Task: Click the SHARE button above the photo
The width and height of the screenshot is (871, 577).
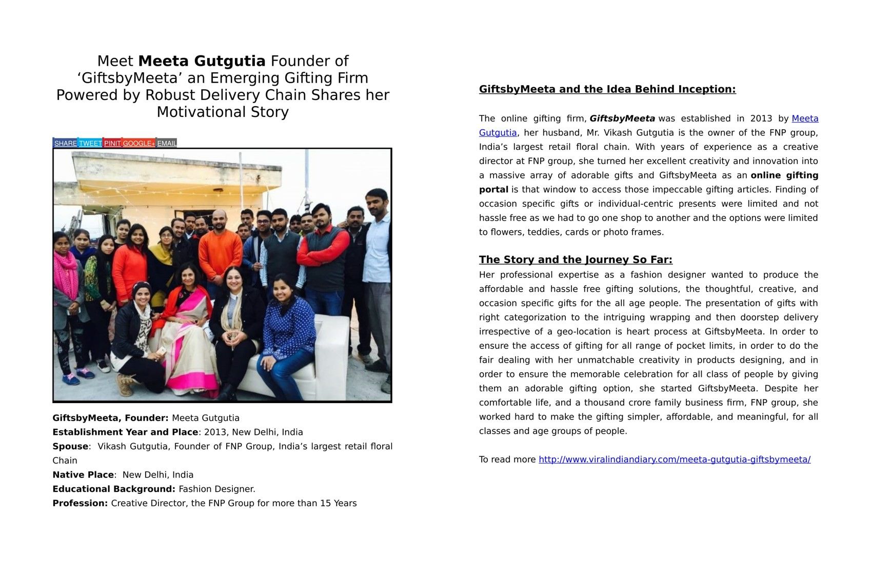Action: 65,143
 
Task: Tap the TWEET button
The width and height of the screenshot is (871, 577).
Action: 90,143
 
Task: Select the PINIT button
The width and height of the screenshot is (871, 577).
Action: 112,143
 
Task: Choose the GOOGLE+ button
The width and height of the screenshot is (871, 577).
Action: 138,143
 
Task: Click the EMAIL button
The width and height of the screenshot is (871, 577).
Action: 167,143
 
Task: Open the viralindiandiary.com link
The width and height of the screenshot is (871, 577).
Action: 674,460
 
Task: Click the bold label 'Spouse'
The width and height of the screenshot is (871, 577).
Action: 70,446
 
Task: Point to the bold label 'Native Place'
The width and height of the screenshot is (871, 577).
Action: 83,475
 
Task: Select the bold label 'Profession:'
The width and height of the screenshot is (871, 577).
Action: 80,503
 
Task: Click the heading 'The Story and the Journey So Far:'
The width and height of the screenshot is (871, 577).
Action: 576,260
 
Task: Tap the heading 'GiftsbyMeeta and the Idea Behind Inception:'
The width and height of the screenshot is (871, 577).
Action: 607,89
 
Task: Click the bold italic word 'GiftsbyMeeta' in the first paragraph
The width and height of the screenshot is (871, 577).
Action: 622,118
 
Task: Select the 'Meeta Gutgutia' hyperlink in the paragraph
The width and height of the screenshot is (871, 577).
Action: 805,118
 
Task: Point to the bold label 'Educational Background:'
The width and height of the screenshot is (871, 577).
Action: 114,489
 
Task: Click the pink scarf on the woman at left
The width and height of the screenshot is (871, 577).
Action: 66,272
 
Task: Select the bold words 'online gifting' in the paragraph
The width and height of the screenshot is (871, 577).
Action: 784,175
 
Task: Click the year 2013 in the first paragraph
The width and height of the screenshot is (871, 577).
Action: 761,118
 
